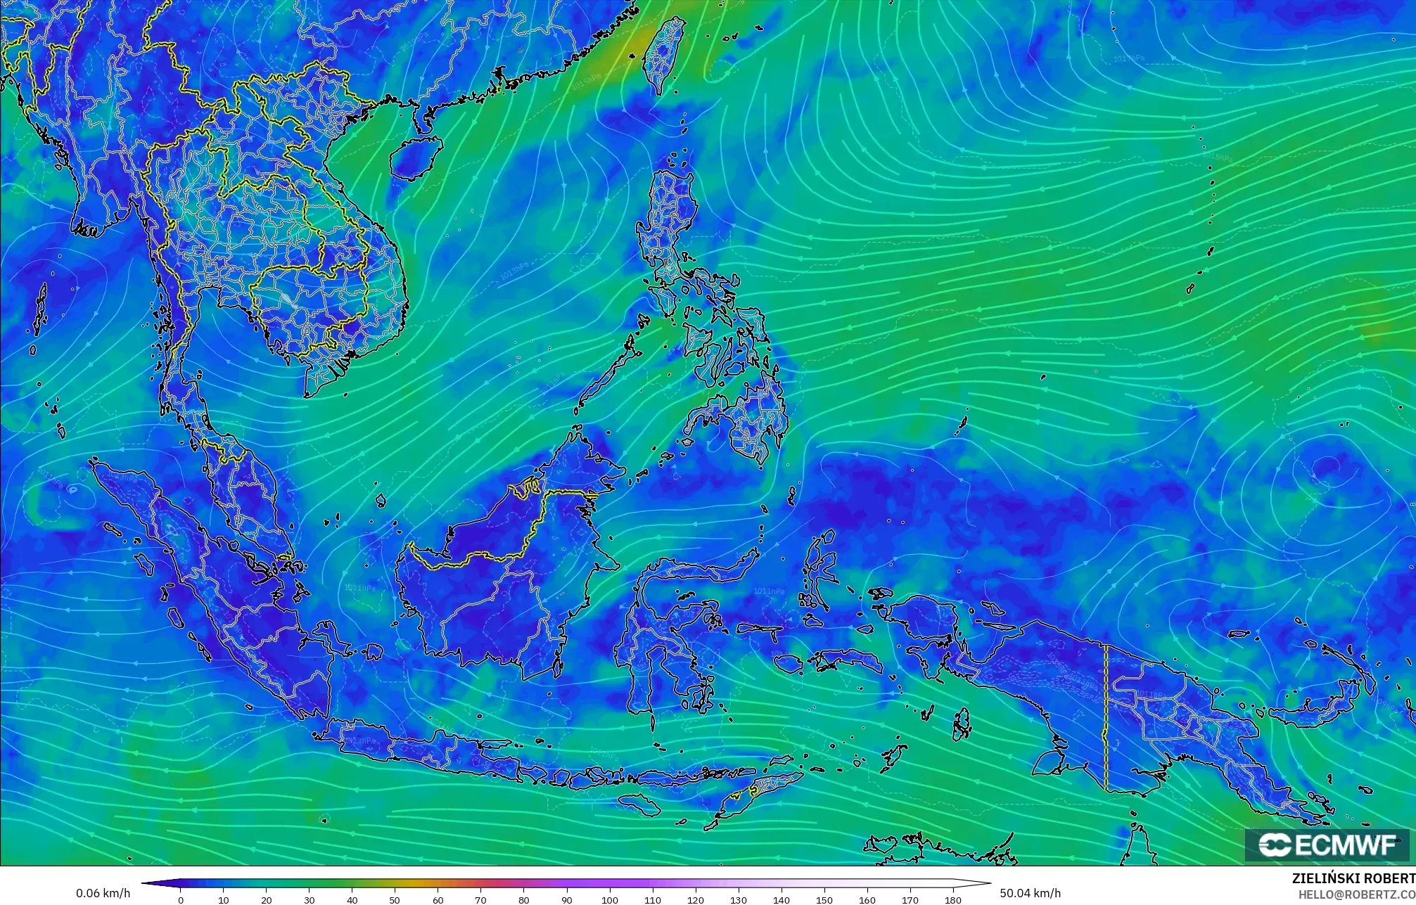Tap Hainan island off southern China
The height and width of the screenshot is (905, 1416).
coord(416,157)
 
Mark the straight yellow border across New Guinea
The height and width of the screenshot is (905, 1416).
coord(1106,717)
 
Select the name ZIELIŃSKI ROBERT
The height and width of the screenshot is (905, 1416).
coord(1353,878)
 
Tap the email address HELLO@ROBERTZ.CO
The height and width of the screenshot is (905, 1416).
coord(1356,894)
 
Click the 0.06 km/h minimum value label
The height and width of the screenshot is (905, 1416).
coord(103,893)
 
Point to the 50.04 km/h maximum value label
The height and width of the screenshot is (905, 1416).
coord(1030,893)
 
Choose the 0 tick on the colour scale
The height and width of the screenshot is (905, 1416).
coord(181,900)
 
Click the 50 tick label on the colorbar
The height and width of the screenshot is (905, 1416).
coord(395,900)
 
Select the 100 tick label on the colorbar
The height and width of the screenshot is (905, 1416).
coord(609,900)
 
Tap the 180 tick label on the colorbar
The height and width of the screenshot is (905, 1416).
coord(952,900)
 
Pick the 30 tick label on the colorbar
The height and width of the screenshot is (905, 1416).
coord(309,900)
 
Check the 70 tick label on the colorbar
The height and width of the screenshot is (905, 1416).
coord(480,900)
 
